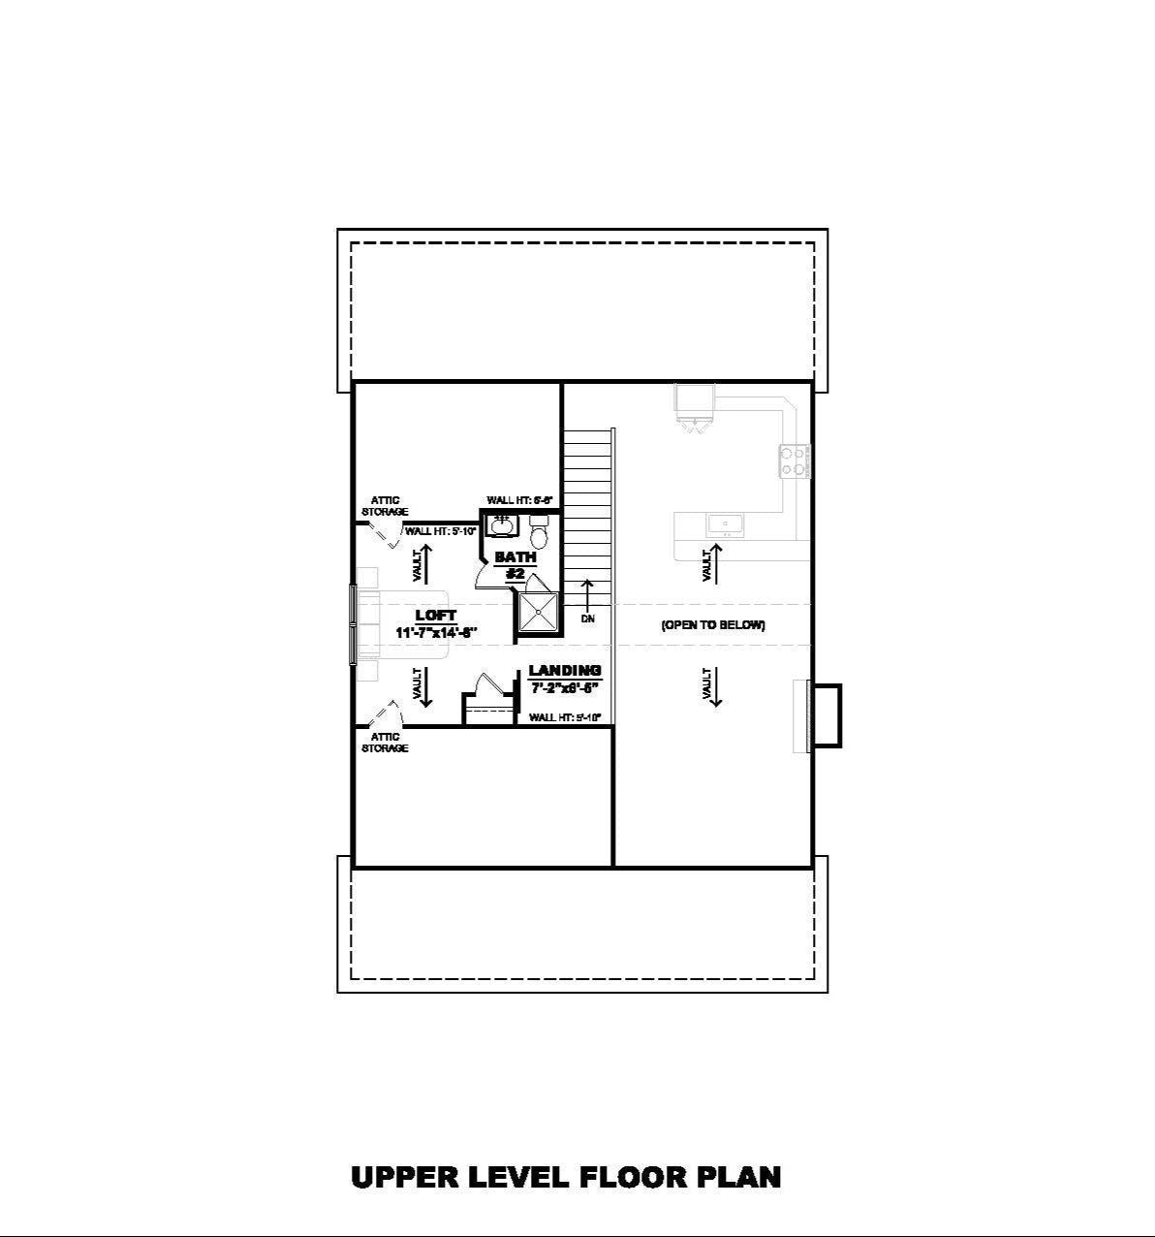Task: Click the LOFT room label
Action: coord(435,616)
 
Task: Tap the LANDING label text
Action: coord(565,670)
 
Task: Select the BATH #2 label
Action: coord(515,565)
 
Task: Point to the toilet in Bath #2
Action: coord(540,531)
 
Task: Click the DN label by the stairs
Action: coord(587,618)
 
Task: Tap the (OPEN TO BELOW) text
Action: coord(713,625)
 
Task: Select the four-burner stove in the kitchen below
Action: coord(794,460)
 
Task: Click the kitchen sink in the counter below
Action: coord(725,524)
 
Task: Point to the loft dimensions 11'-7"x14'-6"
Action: coord(436,633)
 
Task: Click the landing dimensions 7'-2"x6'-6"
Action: coord(565,687)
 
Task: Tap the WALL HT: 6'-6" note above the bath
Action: coord(519,500)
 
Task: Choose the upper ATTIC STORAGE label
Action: coord(385,506)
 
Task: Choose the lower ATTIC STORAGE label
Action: coord(385,743)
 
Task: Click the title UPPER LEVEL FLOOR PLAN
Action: coord(566,1177)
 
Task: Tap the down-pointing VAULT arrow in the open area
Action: coord(714,686)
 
